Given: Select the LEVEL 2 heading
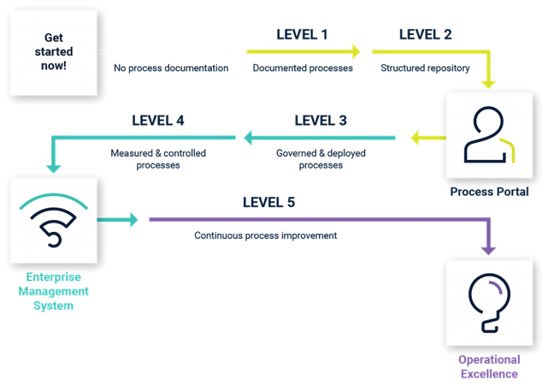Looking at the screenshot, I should pyautogui.click(x=425, y=34).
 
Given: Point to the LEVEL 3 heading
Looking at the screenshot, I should pyautogui.click(x=320, y=121).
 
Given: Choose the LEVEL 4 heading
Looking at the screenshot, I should pyautogui.click(x=158, y=121).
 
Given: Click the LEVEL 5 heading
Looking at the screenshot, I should pyautogui.click(x=268, y=203).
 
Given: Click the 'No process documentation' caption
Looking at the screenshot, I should pyautogui.click(x=171, y=68).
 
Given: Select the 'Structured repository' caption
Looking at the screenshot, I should pyautogui.click(x=425, y=68).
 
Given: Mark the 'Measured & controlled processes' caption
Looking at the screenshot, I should pyautogui.click(x=157, y=158).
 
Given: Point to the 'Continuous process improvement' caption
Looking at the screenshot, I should pyautogui.click(x=265, y=235).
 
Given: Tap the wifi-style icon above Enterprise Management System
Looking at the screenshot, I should pyautogui.click(x=54, y=220).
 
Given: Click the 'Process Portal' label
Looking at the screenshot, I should pyautogui.click(x=489, y=192).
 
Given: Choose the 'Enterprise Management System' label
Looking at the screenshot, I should pyautogui.click(x=54, y=291).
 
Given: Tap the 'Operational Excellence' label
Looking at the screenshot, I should pyautogui.click(x=489, y=366).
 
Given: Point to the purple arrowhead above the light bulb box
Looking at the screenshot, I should pyautogui.click(x=488, y=249).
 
